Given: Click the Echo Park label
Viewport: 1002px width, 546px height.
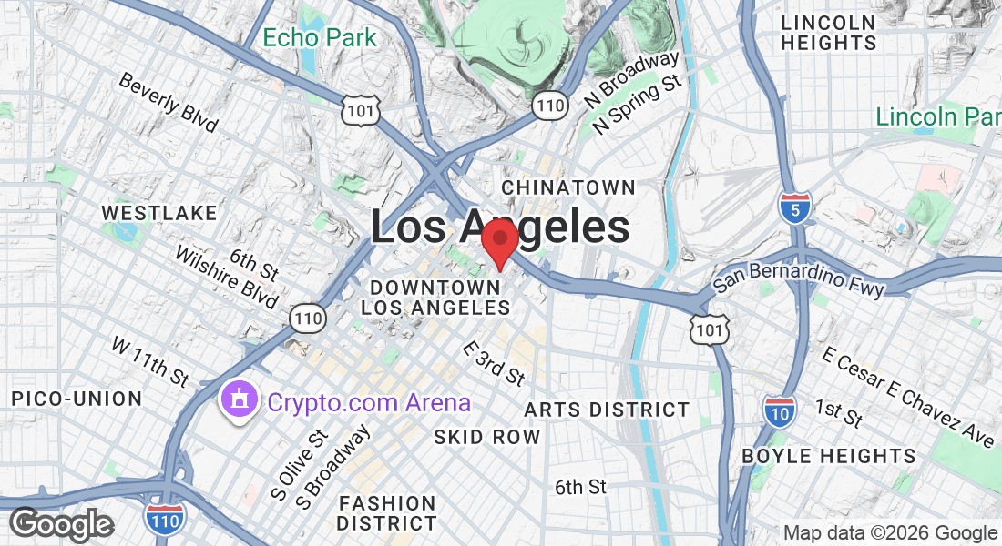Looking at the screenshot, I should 319,38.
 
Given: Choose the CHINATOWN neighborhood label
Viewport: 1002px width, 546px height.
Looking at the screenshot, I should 568,187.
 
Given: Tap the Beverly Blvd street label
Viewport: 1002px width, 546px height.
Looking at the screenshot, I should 169,102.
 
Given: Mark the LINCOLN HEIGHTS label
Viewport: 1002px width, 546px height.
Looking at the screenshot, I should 828,33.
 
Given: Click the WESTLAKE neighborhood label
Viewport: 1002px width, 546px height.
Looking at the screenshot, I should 159,213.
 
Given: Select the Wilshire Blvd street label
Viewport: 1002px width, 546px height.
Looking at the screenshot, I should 228,281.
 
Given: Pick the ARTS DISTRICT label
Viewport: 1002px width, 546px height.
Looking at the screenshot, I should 607,409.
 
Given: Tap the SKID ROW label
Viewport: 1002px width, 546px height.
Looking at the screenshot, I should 486,437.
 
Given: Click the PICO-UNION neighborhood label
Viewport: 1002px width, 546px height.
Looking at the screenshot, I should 77,399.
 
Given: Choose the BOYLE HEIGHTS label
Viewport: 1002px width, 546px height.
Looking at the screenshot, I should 828,455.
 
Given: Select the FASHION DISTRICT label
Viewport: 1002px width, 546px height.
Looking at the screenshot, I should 387,513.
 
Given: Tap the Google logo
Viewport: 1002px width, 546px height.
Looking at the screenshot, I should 61,524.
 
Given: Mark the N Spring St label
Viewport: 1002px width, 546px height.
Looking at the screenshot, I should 638,106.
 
